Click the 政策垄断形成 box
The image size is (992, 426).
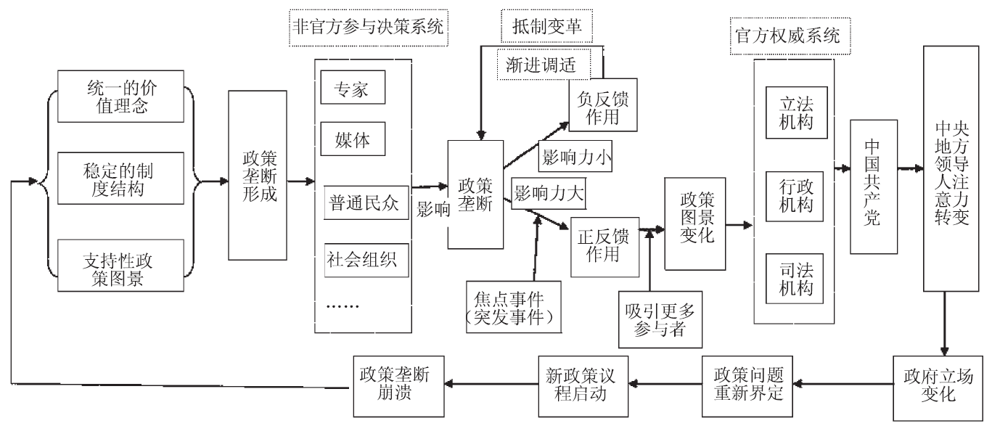coord(258,176)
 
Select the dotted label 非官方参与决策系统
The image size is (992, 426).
coord(367,27)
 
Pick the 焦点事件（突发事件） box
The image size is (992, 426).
coord(515,306)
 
